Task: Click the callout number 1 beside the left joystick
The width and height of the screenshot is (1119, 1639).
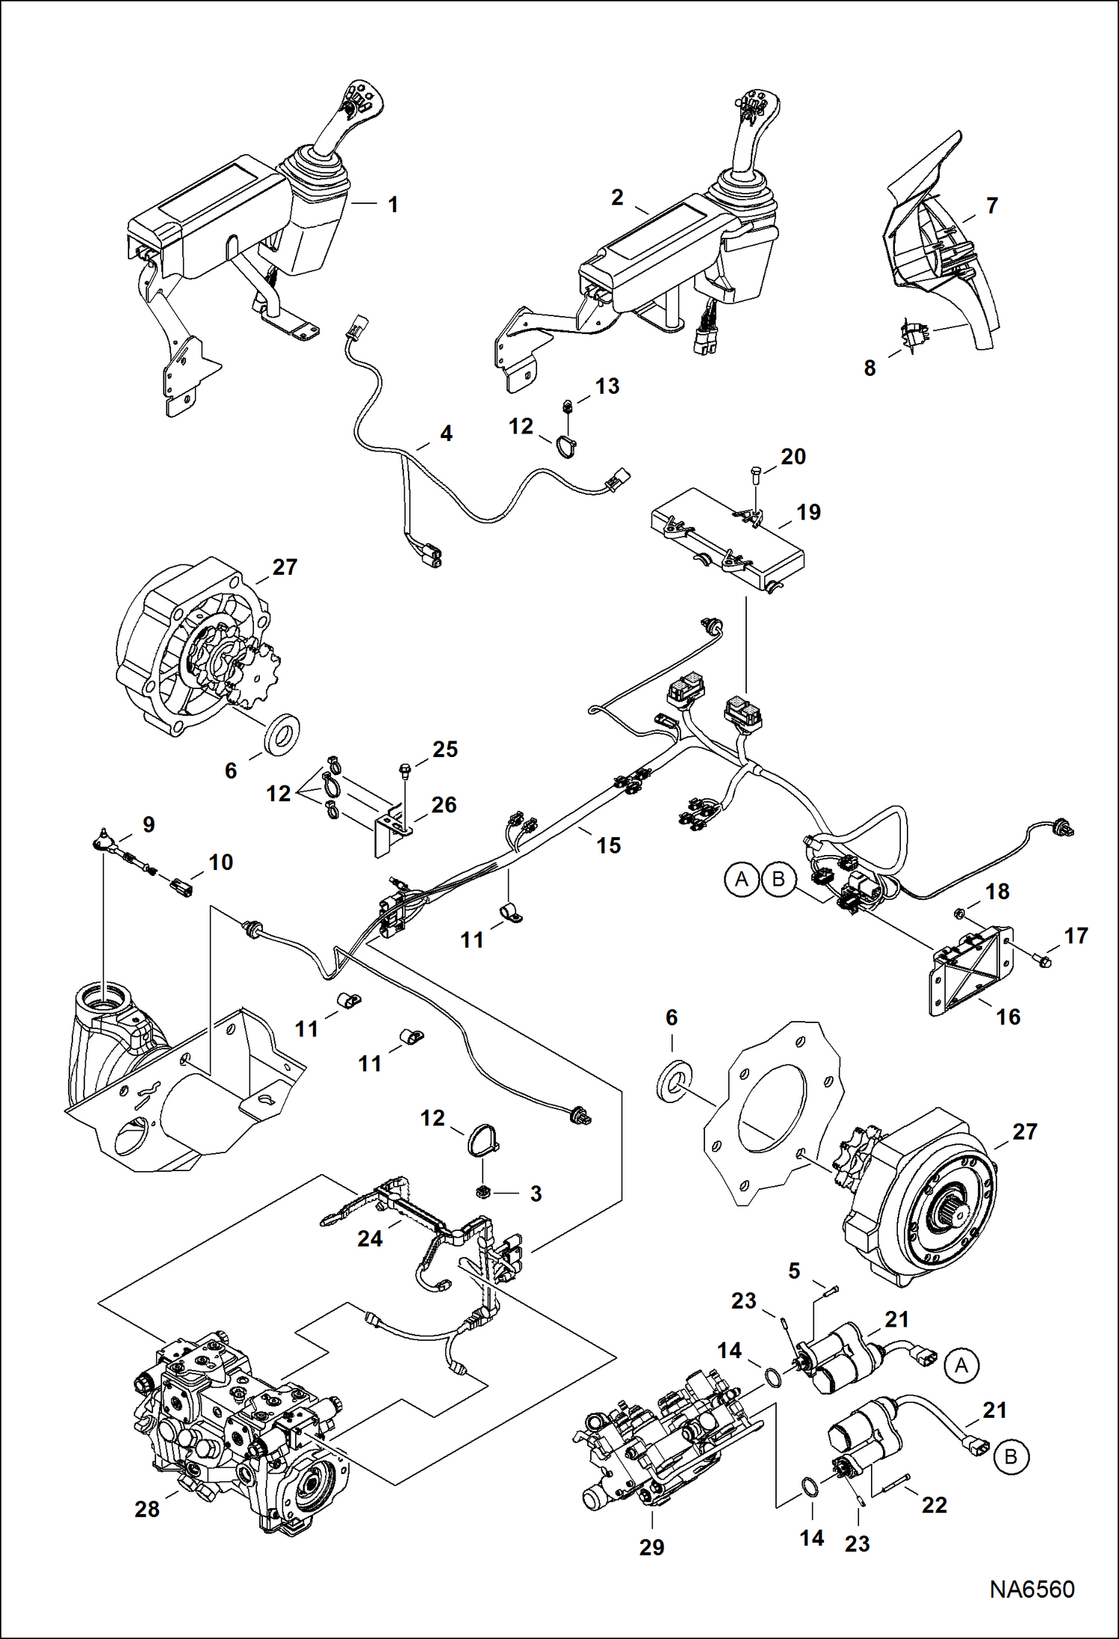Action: click(x=393, y=204)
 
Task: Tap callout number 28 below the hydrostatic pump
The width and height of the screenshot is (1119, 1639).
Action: click(x=147, y=1508)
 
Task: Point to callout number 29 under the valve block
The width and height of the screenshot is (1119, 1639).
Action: click(x=651, y=1546)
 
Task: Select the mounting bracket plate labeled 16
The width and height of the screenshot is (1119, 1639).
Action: click(x=971, y=971)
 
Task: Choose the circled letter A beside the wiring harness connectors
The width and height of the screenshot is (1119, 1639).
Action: click(x=741, y=879)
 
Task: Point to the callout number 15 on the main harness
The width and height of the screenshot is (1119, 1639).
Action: click(x=608, y=845)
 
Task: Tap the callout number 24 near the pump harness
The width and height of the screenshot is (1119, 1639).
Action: click(x=370, y=1238)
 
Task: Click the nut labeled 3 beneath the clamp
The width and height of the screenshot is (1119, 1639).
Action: click(x=482, y=1191)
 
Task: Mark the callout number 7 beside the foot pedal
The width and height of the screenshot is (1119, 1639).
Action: click(x=991, y=206)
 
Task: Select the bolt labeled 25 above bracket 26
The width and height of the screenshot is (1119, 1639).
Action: click(x=404, y=769)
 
